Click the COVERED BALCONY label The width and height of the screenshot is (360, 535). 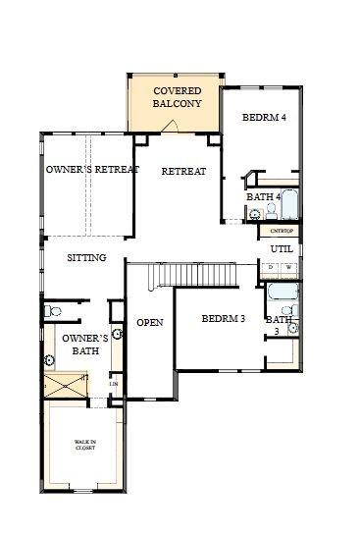(x=177, y=97)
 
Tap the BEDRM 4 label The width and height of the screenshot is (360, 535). (x=264, y=118)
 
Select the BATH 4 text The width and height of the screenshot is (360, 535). (x=263, y=197)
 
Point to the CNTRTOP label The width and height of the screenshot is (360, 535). (x=281, y=230)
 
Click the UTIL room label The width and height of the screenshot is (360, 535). (x=282, y=249)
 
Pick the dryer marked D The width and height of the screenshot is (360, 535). (x=272, y=267)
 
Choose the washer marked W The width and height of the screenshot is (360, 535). (x=288, y=267)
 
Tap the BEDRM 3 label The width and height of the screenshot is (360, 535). (x=223, y=319)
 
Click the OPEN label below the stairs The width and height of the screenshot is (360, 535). (x=149, y=322)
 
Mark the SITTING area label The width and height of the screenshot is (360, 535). (x=86, y=258)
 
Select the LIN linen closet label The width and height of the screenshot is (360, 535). (x=113, y=384)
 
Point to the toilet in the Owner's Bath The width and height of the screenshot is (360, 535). (x=54, y=312)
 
